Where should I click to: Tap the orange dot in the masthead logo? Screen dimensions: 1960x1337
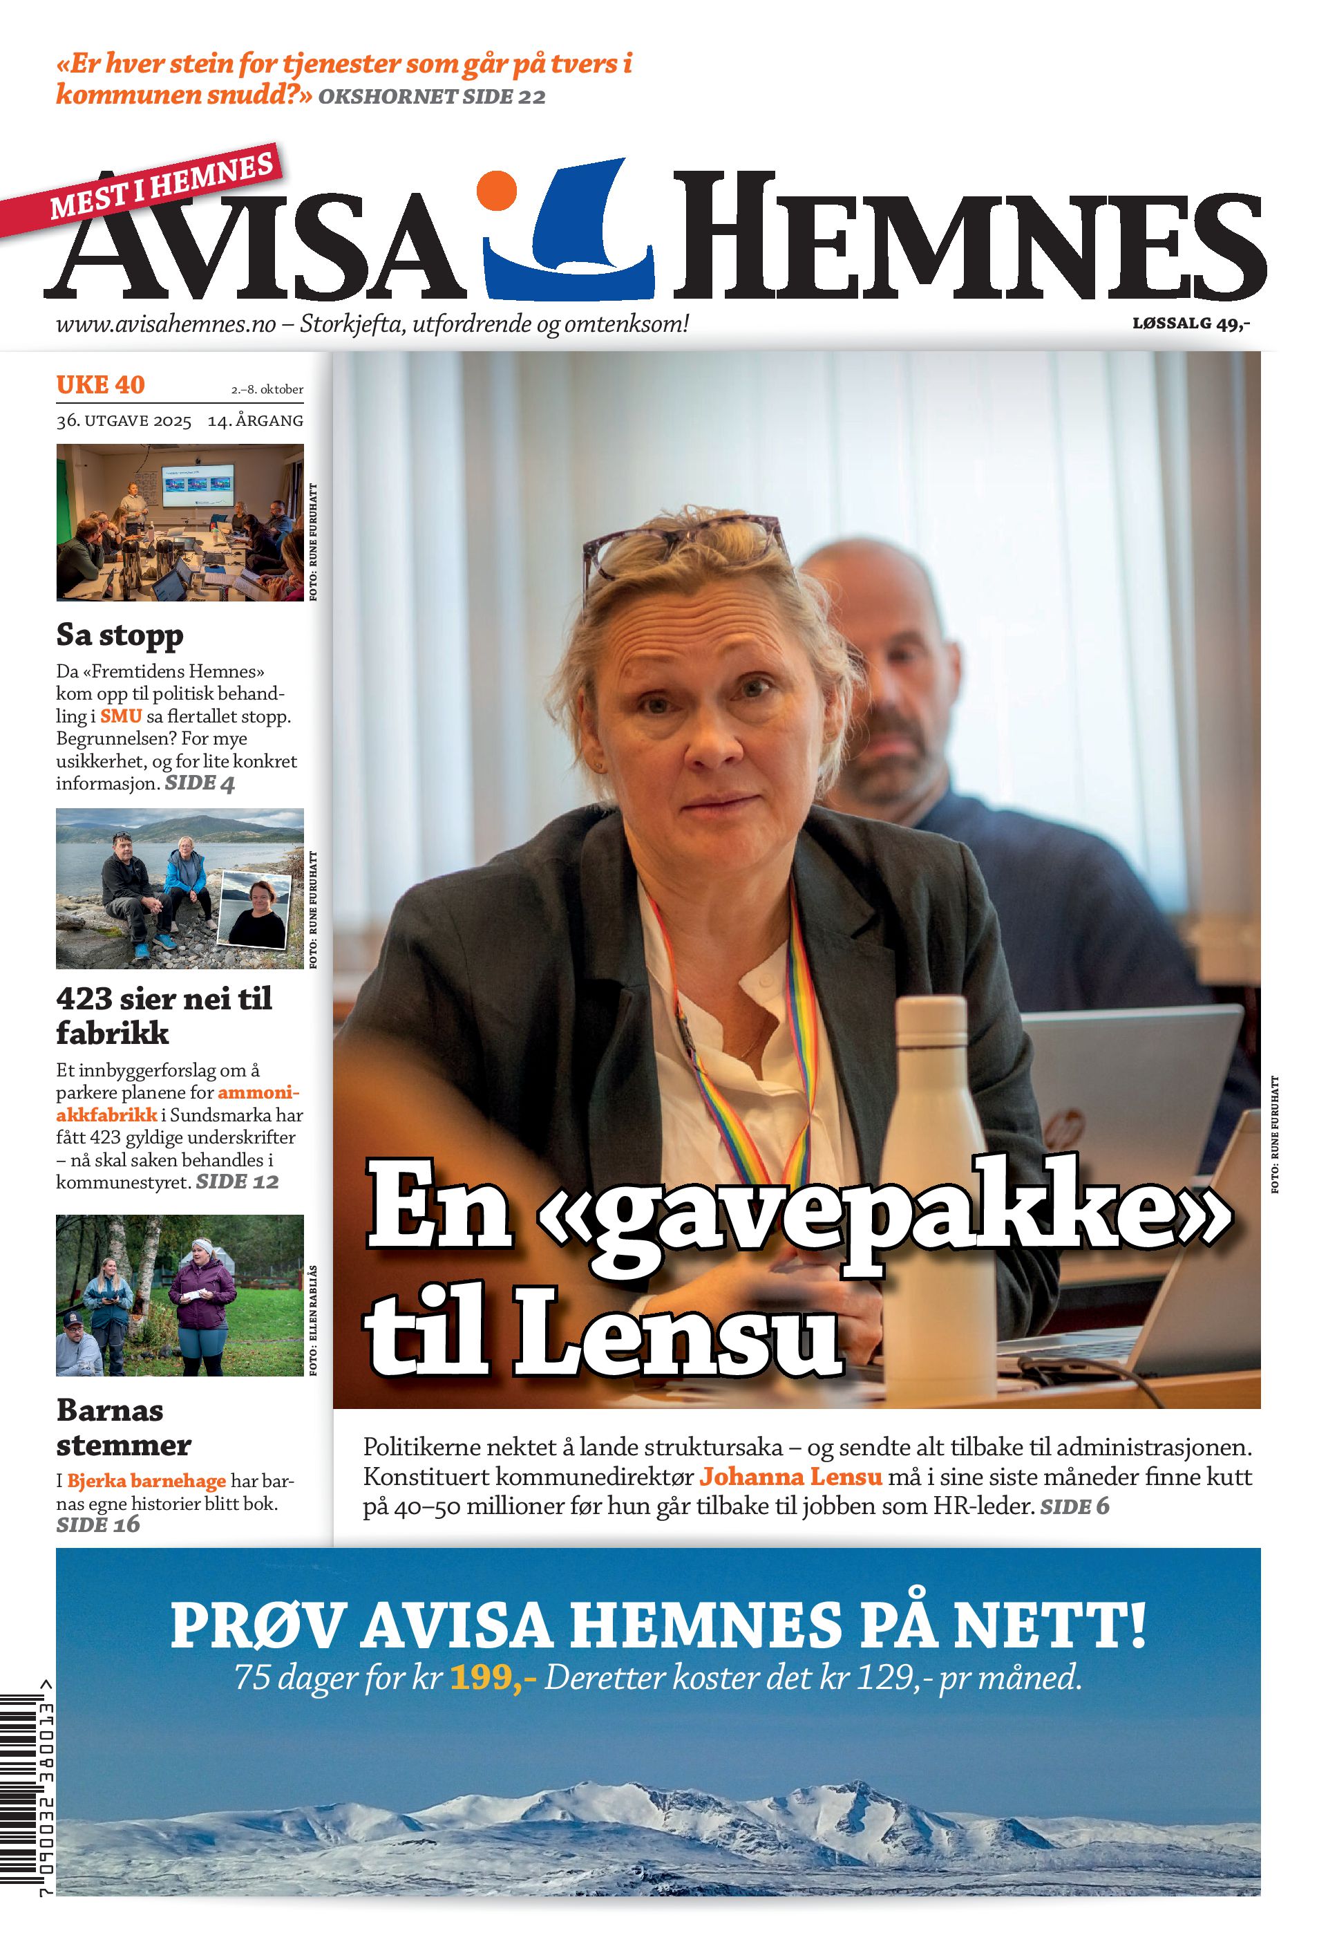click(x=497, y=191)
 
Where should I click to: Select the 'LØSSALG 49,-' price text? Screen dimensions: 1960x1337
click(x=1191, y=323)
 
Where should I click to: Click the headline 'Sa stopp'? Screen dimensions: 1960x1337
click(x=120, y=635)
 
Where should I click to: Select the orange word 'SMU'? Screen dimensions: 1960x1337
click(x=120, y=716)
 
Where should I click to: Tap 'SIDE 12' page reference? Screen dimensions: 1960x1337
click(x=237, y=1182)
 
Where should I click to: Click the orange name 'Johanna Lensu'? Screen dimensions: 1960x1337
click(x=790, y=1477)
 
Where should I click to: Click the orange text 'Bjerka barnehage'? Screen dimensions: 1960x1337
click(x=146, y=1481)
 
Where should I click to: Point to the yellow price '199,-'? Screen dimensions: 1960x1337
click(x=493, y=1679)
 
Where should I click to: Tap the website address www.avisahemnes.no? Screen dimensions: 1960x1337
click(x=166, y=324)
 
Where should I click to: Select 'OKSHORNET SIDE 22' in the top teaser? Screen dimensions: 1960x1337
click(x=432, y=97)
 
